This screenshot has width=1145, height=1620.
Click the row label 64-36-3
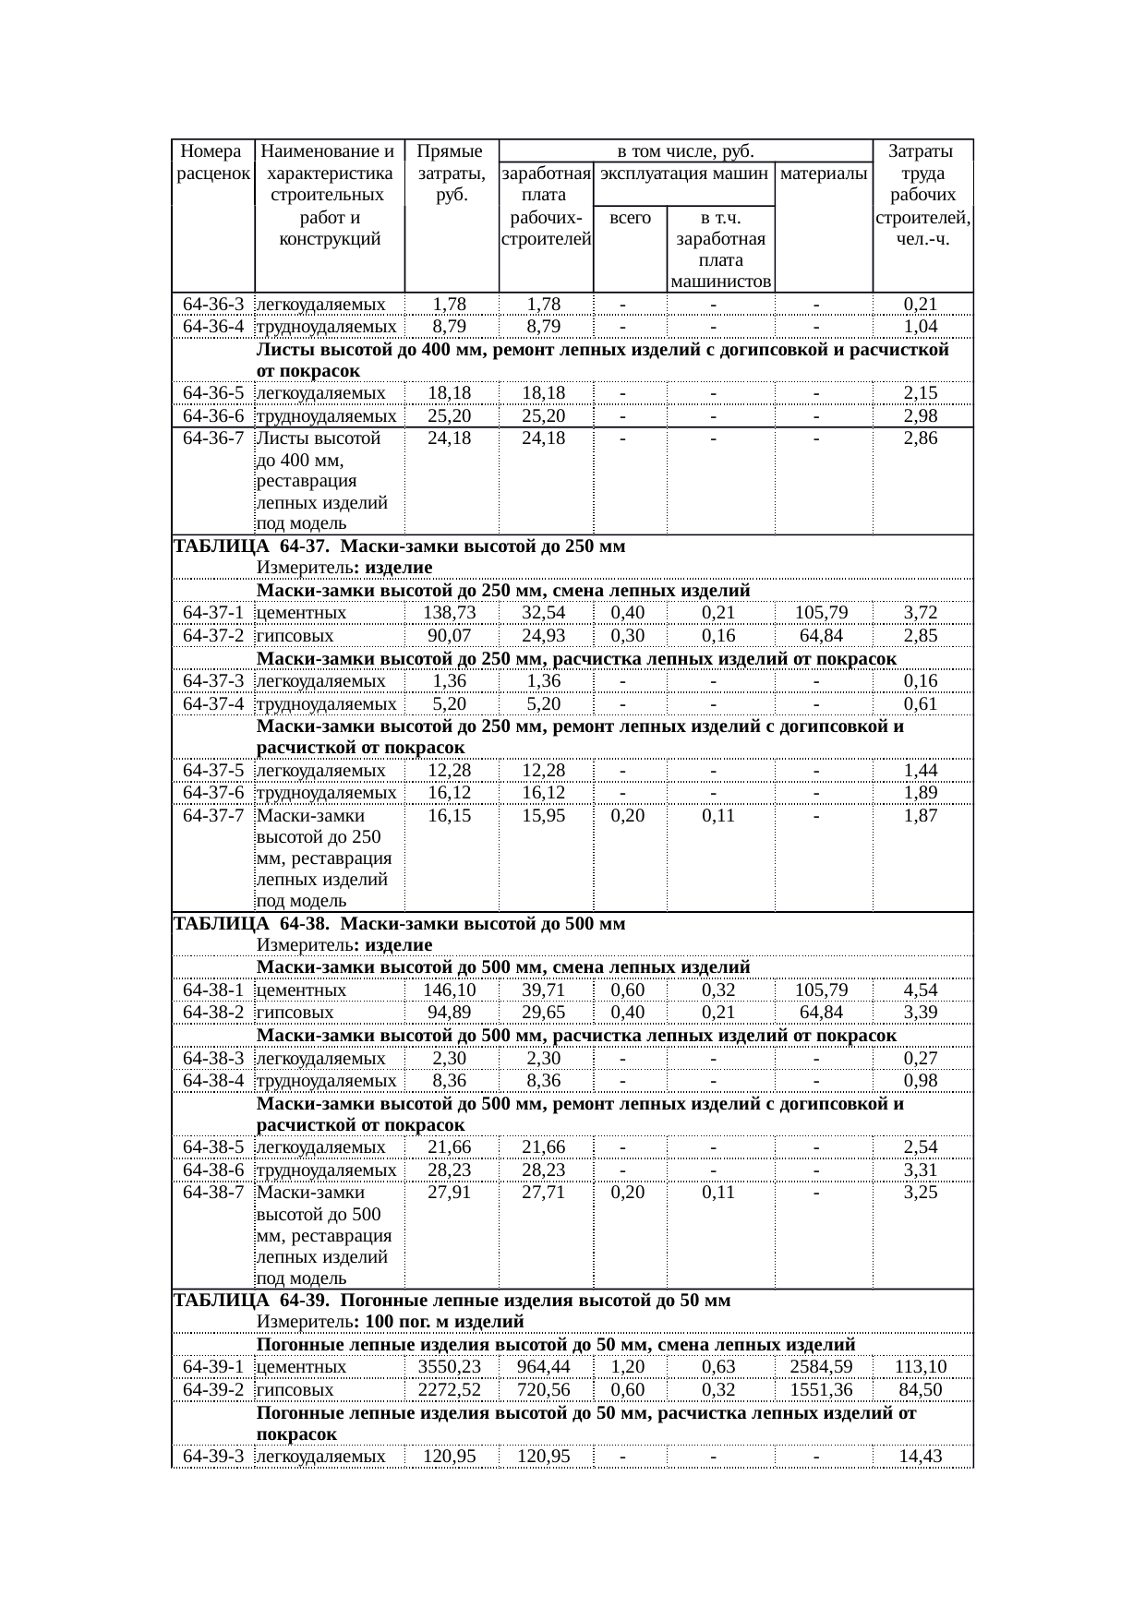point(213,304)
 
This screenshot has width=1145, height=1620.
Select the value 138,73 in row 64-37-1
point(450,613)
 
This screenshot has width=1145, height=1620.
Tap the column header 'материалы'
point(823,173)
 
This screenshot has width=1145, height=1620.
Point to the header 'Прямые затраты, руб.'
point(451,173)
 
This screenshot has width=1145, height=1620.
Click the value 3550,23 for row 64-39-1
point(450,1367)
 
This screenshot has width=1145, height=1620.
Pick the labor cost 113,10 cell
point(921,1367)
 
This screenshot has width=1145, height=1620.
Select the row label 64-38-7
point(213,1193)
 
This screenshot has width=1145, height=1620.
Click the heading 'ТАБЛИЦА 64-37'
point(399,546)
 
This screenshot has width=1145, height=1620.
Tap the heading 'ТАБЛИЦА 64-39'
point(452,1301)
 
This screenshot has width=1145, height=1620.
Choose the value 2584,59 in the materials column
point(822,1367)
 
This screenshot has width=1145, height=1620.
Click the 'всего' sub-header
point(630,219)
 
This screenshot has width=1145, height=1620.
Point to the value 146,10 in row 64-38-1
point(450,990)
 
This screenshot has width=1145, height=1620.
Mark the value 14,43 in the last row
point(921,1457)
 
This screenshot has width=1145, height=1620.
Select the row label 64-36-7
point(213,438)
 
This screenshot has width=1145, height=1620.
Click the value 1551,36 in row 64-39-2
point(822,1389)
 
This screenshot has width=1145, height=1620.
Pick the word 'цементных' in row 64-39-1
point(301,1367)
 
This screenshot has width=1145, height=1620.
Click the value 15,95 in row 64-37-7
point(544,816)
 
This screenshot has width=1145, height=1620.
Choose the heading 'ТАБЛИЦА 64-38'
point(399,923)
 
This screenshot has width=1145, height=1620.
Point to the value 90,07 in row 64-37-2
point(450,635)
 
